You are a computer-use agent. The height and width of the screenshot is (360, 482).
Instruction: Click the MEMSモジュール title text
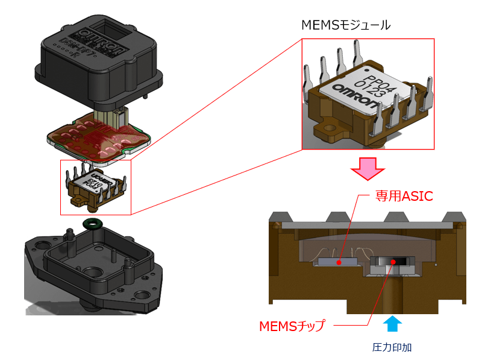coord(345,25)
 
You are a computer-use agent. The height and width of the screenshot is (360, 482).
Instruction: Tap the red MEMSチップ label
coord(292,326)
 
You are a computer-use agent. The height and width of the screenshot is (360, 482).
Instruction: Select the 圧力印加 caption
coord(392,348)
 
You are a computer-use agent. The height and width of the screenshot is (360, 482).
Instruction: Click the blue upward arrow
coord(392,324)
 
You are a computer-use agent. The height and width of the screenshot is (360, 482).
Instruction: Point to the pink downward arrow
coord(368,168)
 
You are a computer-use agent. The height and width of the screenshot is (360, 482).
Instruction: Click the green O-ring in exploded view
coord(93,224)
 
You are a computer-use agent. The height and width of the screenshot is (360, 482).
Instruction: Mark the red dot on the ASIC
coord(339,262)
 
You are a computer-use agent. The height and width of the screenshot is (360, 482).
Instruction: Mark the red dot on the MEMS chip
coord(393,261)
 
